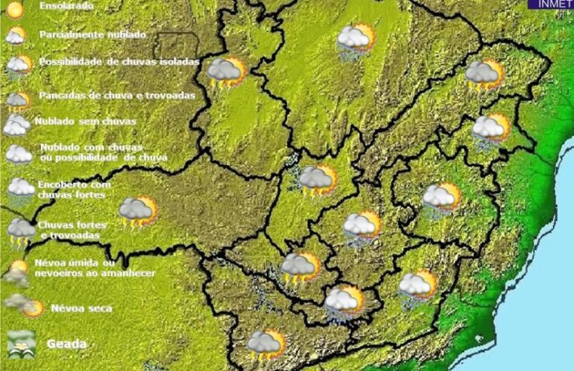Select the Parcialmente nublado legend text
pos(93,35)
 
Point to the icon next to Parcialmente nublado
pos(16,36)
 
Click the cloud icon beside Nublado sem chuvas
pos(16,125)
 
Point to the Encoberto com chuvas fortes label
pos(75,189)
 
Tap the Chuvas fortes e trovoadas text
pos(72,230)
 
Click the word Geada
pos(67,344)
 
